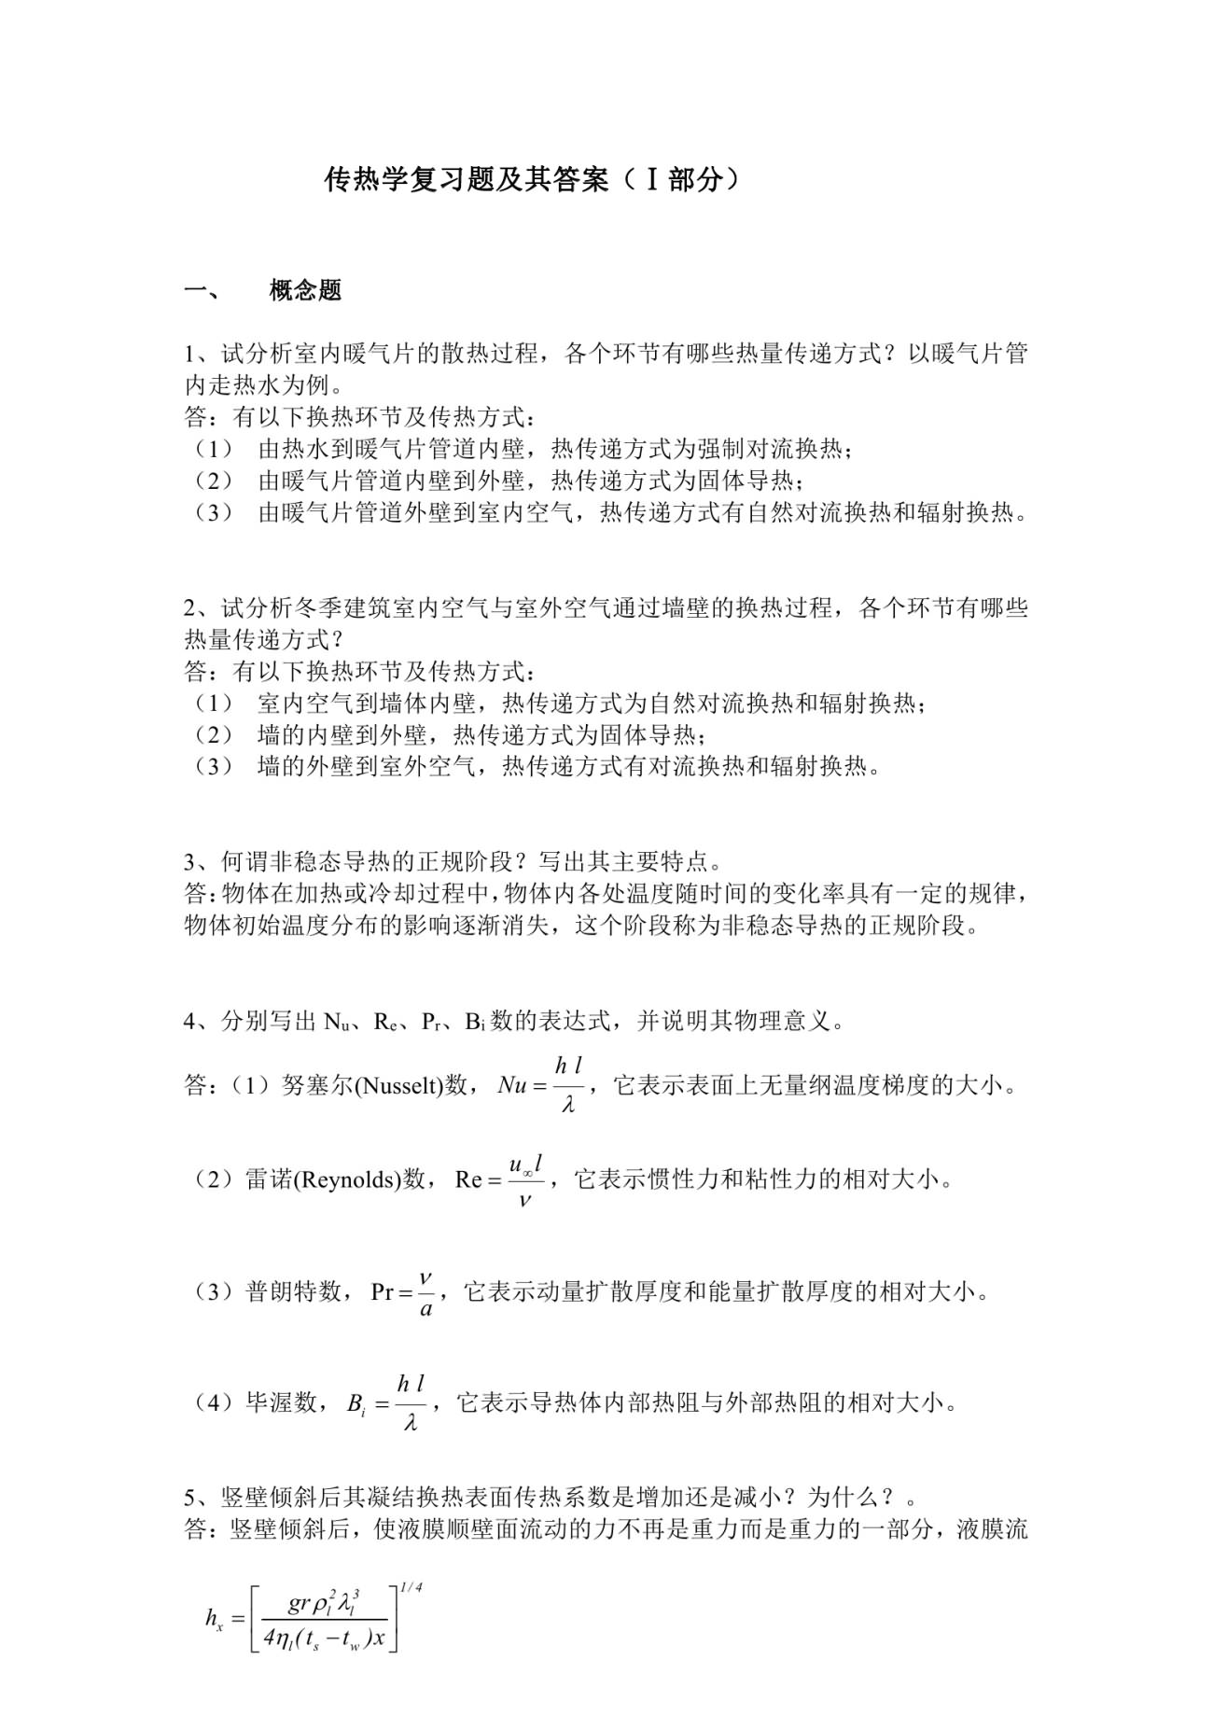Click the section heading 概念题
[305, 290]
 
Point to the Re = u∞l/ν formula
[499, 1180]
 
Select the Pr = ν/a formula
[404, 1292]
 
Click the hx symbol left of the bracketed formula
[214, 1618]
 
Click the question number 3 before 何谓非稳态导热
[190, 861]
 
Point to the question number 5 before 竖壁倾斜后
[190, 1499]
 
